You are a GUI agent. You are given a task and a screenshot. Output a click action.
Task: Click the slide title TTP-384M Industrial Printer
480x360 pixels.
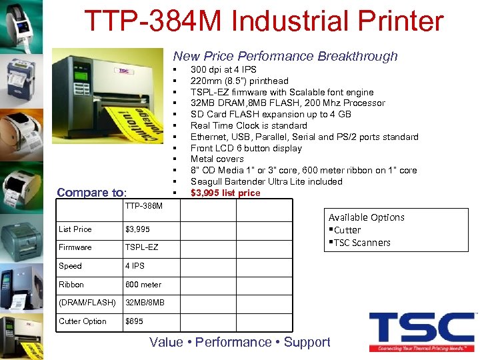263,21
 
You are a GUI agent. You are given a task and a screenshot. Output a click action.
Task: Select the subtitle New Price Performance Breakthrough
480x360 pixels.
285,57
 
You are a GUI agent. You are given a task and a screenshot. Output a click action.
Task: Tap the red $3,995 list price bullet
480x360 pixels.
225,193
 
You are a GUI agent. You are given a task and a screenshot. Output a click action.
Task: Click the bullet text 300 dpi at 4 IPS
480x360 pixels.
223,69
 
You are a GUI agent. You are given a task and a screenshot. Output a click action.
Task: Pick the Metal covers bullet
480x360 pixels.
217,159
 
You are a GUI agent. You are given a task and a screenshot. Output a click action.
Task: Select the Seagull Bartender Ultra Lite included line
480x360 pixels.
266,182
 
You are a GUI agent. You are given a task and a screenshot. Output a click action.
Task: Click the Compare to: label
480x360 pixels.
91,193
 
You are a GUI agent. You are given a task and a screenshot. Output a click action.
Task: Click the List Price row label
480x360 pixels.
75,229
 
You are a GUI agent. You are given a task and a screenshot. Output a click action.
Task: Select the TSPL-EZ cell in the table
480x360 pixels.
142,247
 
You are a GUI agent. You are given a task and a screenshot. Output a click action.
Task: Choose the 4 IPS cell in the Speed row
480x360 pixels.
135,266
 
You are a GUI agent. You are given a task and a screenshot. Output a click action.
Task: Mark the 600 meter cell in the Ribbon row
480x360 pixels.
143,285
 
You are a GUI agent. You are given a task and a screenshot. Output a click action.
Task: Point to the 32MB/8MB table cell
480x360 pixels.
145,303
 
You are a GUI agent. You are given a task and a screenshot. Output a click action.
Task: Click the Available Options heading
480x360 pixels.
366,217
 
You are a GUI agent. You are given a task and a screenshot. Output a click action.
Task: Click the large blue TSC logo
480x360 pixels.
421,328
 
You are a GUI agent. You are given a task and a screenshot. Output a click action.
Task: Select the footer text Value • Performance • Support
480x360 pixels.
239,343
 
